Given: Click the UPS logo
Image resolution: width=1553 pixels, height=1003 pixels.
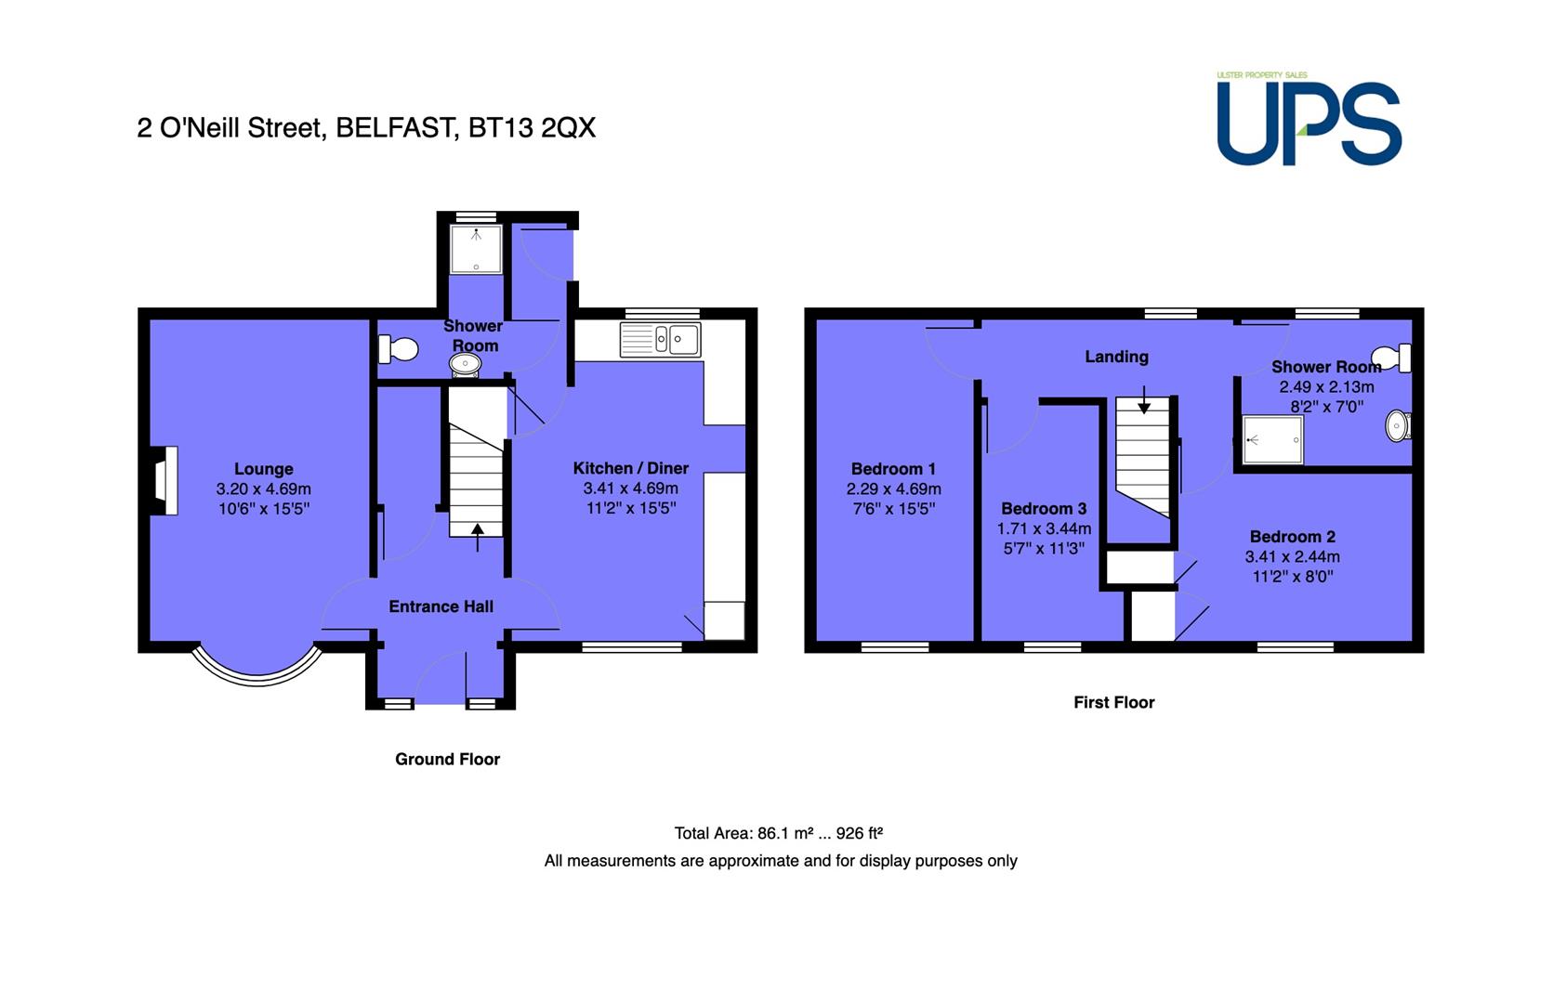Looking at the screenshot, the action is (x=1309, y=119).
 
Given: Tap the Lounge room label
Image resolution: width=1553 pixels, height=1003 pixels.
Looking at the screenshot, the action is (x=263, y=469).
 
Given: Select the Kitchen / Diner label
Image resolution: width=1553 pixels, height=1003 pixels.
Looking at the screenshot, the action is (x=631, y=468).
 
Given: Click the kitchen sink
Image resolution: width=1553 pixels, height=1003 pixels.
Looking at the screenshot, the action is (x=660, y=339).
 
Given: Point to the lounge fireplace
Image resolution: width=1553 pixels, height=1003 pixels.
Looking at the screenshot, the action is (x=164, y=481).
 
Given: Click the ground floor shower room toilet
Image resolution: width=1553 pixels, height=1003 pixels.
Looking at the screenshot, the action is (x=398, y=349).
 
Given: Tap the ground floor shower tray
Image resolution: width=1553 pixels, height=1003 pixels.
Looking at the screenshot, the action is (x=476, y=249).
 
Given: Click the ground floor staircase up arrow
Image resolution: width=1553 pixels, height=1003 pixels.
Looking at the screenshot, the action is (x=478, y=538).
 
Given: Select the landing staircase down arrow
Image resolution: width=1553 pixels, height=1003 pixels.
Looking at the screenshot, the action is (x=1144, y=399).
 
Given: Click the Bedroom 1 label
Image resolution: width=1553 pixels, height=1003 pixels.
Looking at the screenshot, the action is (x=894, y=469).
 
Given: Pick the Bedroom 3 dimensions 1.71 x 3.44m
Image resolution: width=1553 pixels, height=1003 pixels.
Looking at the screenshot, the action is (x=1044, y=529).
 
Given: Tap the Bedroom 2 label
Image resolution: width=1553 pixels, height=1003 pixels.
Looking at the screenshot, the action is (x=1293, y=537).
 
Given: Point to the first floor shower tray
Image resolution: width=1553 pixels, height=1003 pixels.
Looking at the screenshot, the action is (x=1273, y=439).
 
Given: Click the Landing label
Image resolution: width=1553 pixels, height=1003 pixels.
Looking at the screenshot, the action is (x=1117, y=357).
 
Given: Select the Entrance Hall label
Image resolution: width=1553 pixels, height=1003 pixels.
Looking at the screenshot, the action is (x=441, y=606).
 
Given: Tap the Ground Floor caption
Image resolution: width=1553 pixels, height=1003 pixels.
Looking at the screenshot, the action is (x=448, y=759).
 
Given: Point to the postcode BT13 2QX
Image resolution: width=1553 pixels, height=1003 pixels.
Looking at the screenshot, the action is (x=532, y=128).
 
